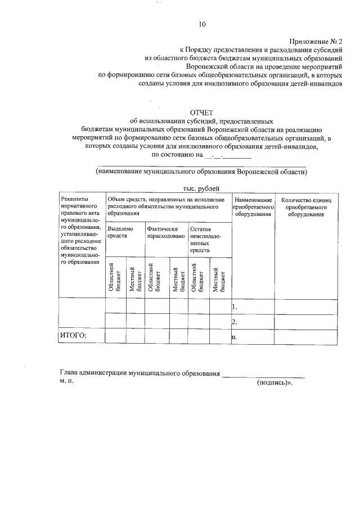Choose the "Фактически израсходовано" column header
165,233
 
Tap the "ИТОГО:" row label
73,336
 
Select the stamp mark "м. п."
66,381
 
